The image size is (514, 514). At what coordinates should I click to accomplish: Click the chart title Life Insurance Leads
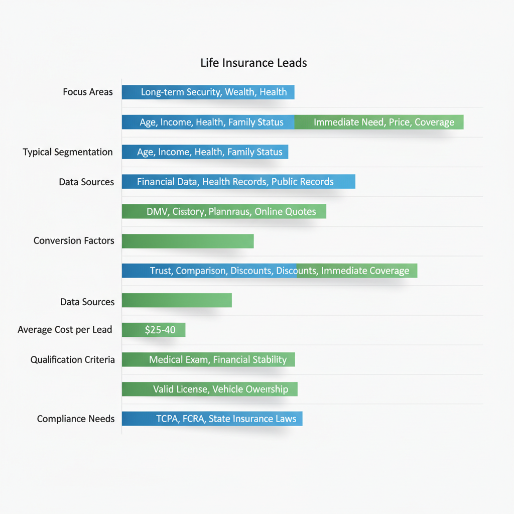(x=253, y=63)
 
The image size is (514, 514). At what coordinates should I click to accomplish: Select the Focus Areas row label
(x=88, y=92)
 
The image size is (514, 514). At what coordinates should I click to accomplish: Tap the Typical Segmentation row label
(x=68, y=152)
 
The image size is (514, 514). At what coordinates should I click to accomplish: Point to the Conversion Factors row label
(x=74, y=241)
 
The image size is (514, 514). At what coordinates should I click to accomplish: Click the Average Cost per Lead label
(x=65, y=330)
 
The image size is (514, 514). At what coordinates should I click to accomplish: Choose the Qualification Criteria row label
(x=72, y=360)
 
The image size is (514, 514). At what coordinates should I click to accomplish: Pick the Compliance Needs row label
(x=76, y=419)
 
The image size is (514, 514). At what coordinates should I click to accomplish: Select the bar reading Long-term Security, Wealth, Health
(x=208, y=92)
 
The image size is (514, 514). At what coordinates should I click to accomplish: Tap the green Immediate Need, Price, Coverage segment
(x=383, y=122)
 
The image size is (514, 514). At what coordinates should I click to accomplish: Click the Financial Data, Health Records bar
(x=238, y=182)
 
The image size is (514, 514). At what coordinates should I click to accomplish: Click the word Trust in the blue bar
(x=161, y=271)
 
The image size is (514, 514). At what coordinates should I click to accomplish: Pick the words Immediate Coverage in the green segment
(x=365, y=271)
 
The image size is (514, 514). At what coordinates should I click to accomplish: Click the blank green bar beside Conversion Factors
(x=188, y=241)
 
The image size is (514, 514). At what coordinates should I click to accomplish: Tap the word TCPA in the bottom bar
(x=167, y=419)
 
